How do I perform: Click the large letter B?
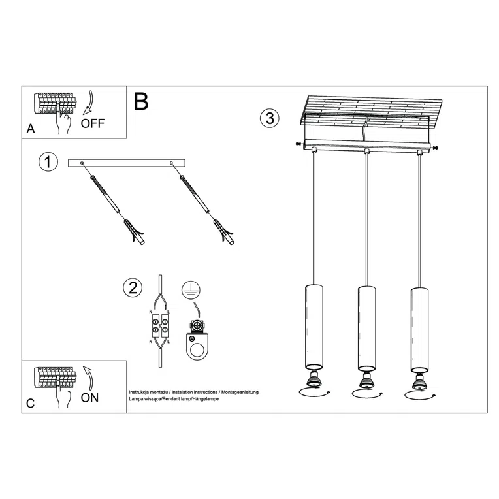141,101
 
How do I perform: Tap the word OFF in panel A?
92,123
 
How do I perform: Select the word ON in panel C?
89,398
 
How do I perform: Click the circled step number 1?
48,163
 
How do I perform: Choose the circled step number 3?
269,119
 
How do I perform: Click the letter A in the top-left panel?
31,129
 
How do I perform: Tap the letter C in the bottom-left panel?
30,404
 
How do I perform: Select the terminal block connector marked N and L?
160,326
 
